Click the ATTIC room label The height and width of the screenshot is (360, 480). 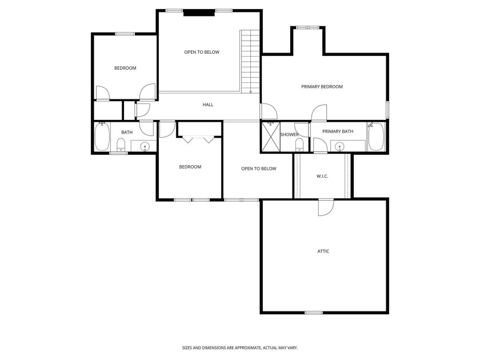[x=323, y=251]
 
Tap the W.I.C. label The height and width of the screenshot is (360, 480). [x=322, y=176]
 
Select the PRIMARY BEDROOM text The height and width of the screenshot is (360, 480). [x=322, y=87]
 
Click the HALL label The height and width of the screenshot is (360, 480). [x=208, y=105]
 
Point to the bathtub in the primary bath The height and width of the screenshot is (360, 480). [x=377, y=137]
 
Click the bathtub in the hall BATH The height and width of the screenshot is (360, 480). [x=102, y=138]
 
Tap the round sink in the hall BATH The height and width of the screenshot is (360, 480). [x=145, y=147]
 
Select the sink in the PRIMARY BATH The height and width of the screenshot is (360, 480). [x=341, y=146]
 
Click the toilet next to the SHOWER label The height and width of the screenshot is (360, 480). [x=299, y=145]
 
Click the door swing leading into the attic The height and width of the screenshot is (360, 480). [x=325, y=207]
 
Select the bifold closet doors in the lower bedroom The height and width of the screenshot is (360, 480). [x=198, y=139]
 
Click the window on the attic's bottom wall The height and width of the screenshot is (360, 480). [x=313, y=313]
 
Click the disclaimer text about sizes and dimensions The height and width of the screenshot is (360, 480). [x=239, y=347]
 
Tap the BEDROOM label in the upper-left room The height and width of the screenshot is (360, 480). [x=125, y=68]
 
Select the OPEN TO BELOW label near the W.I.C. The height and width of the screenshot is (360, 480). [x=258, y=169]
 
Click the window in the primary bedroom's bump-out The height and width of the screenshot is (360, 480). [x=307, y=27]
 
